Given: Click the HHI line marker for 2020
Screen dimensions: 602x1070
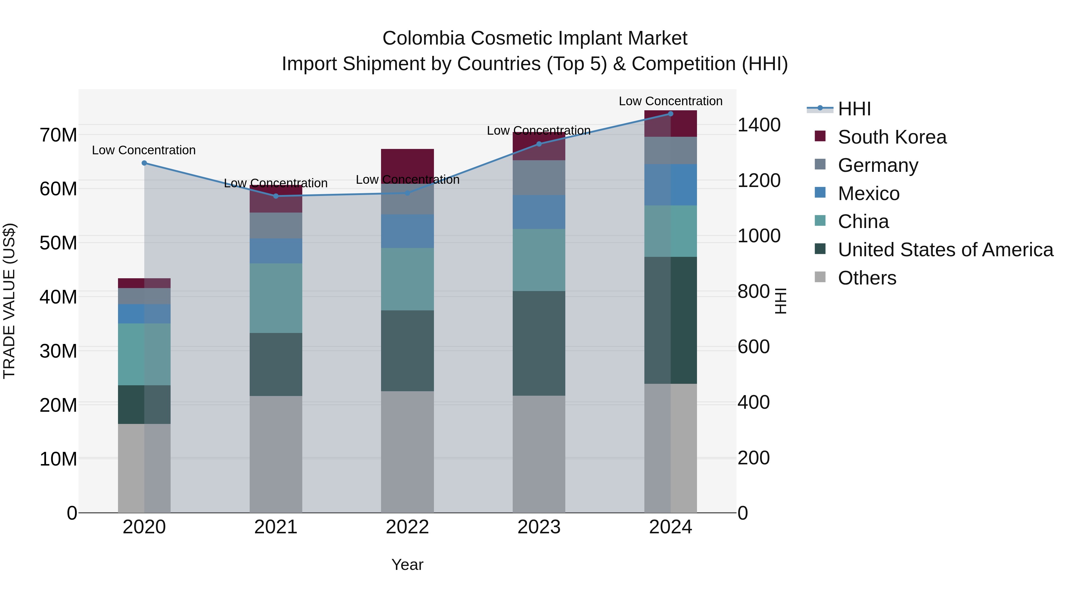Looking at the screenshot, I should [x=144, y=163].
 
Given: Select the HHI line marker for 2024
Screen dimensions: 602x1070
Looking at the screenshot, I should [x=671, y=114].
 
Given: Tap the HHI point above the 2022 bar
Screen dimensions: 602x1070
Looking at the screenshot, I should [x=407, y=193].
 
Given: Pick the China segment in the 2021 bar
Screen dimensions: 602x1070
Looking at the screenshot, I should [x=276, y=298].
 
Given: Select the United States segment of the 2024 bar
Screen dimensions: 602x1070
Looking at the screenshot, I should [x=671, y=320].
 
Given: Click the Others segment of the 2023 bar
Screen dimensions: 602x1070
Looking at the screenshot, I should [x=539, y=454].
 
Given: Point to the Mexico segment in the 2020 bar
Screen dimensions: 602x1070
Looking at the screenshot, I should [x=144, y=314].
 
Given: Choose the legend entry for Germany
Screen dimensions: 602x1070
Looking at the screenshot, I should [x=878, y=165].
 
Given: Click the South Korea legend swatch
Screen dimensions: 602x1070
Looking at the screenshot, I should [x=820, y=136].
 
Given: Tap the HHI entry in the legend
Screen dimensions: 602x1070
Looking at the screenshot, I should [x=854, y=109].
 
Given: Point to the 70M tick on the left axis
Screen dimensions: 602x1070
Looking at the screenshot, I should [x=58, y=135].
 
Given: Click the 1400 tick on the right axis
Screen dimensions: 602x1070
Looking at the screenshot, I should [x=759, y=125].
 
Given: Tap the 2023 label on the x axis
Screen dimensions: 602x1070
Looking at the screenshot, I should [x=539, y=527].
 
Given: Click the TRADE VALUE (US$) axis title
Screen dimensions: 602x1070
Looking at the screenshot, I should [x=9, y=301].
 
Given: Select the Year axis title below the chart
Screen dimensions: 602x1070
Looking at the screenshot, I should [x=407, y=565].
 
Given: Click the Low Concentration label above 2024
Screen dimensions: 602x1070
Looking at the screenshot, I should [x=671, y=101].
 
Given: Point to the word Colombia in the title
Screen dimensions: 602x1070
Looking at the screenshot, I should [x=423, y=38].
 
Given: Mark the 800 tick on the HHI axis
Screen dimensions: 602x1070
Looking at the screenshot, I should [x=753, y=292].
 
